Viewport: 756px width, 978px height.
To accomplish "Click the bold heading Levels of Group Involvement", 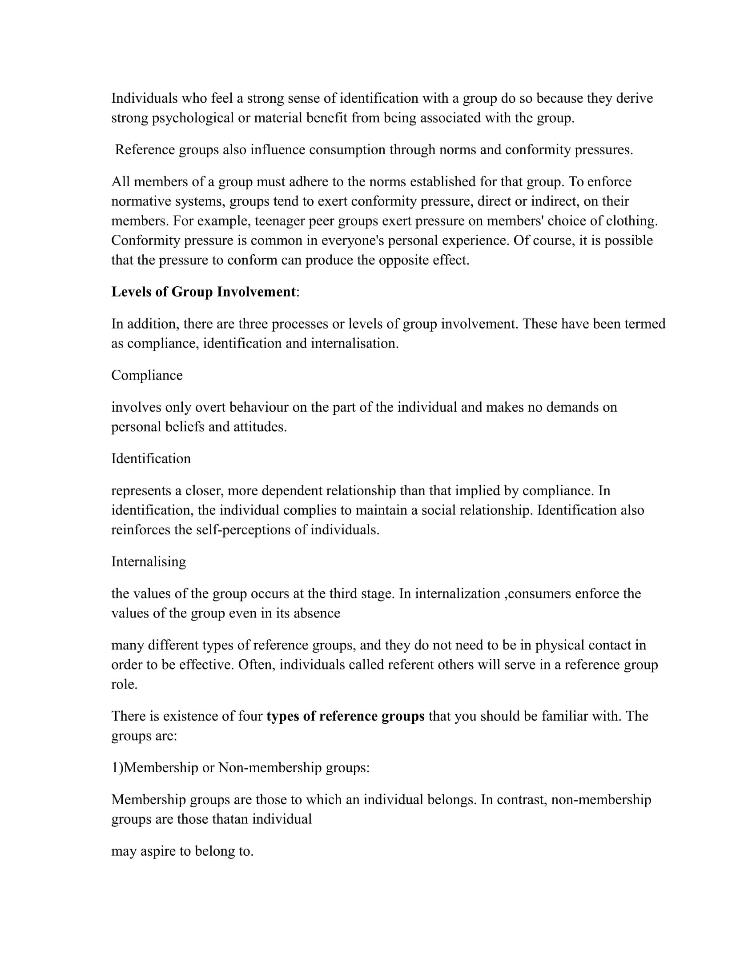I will point(203,292).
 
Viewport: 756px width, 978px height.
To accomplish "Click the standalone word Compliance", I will point(147,375).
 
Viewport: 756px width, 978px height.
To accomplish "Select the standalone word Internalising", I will point(148,561).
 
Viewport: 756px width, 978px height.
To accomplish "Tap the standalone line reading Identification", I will point(151,459).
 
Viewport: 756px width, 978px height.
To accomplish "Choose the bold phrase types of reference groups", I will point(345,716).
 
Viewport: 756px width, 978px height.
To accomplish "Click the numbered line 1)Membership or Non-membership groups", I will point(241,768).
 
